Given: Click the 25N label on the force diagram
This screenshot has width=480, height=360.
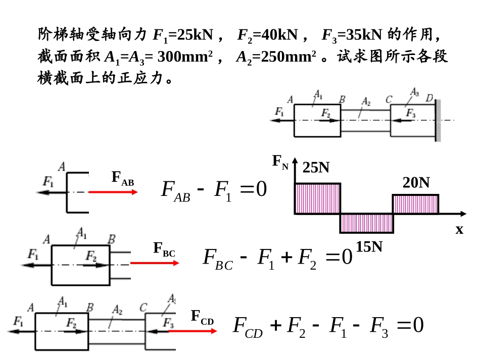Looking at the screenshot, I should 316,168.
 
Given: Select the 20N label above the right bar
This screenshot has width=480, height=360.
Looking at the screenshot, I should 416,183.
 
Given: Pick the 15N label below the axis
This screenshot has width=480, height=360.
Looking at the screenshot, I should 369,246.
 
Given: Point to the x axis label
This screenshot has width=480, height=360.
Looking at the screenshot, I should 459,230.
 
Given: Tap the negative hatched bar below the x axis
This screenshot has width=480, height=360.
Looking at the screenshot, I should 366,223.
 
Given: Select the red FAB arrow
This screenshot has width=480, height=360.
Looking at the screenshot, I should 113,192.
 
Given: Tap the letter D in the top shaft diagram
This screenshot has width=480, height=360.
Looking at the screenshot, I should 429,98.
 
